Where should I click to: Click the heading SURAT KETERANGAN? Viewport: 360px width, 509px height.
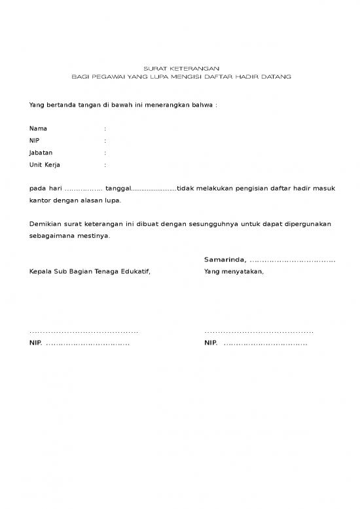(181, 69)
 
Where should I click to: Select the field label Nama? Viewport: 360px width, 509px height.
(38, 128)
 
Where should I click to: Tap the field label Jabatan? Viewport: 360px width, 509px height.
(41, 153)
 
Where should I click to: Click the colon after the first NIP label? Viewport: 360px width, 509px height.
(105, 141)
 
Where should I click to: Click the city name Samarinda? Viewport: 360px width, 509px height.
(224, 260)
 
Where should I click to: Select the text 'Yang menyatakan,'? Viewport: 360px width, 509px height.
(234, 272)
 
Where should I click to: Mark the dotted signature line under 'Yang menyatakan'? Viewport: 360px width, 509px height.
(259, 332)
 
